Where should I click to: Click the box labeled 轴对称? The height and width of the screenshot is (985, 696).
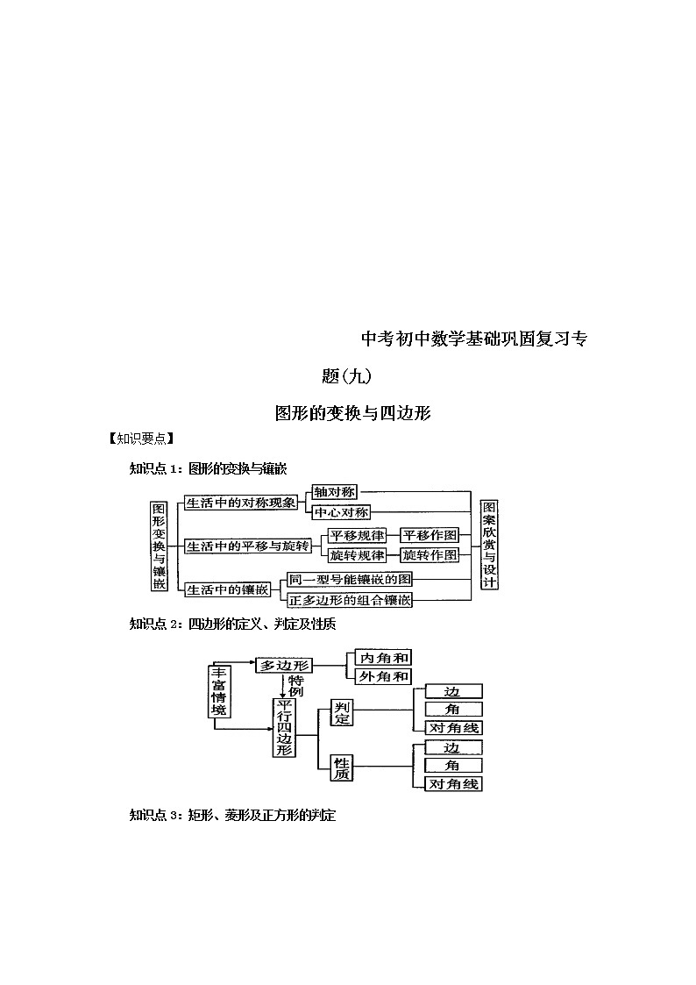[x=334, y=493]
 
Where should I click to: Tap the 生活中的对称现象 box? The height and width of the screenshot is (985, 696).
[x=234, y=503]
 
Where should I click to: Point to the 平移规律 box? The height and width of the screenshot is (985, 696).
[x=356, y=535]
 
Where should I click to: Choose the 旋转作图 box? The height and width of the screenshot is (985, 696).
[x=430, y=555]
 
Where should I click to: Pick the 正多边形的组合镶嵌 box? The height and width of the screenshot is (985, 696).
[x=350, y=600]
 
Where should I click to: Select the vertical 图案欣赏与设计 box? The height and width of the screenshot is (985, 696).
[x=489, y=545]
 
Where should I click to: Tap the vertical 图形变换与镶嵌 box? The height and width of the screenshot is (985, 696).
[x=159, y=546]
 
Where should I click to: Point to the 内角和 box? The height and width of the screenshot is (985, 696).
[x=384, y=657]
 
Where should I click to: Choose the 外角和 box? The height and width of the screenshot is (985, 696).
[x=384, y=676]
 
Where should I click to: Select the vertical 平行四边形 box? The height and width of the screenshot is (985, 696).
[x=284, y=728]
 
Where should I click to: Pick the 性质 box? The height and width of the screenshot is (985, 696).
[x=342, y=767]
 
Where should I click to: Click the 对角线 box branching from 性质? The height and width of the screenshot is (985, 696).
[x=453, y=784]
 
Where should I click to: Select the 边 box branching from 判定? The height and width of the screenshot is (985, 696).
[x=453, y=691]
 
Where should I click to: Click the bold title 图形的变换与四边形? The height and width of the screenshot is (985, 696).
[x=352, y=412]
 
